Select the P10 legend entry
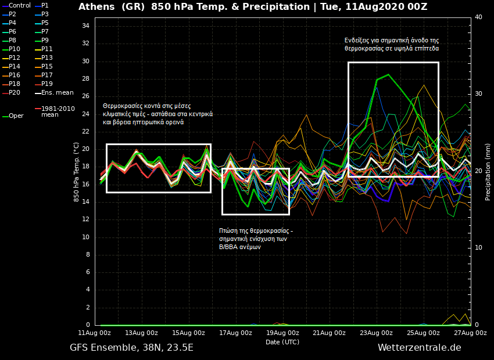15,49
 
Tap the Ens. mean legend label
57,92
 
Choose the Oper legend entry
16,116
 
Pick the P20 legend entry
15,92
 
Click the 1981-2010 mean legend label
58,111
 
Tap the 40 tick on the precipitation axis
478,17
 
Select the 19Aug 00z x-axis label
283,333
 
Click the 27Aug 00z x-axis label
471,333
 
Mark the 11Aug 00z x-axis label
95,333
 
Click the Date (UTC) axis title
282,342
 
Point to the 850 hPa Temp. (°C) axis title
76,172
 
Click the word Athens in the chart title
96,7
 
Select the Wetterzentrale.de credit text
419,348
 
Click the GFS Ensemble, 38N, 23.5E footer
131,348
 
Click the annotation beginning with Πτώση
256,239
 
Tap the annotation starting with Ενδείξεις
392,44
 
